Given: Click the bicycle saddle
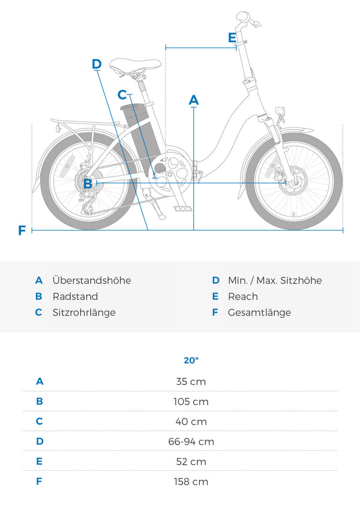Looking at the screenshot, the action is point(135,65).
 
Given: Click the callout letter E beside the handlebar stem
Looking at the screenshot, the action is point(232,38).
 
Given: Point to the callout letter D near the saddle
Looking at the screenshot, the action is point(97,64).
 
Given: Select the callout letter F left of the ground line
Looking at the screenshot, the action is point(22,230).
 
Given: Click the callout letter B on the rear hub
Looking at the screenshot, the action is point(88,183).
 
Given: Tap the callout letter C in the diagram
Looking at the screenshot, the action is point(122,95).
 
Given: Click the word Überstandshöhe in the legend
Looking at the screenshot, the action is point(92,280).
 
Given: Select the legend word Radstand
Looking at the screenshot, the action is point(75,297).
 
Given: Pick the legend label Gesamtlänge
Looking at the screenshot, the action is point(259,313).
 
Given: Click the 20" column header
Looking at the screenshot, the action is point(191,360).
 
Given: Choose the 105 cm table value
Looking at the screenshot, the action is point(191,402).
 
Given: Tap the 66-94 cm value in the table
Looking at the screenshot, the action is point(191,441).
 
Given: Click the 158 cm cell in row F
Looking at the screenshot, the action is point(191,482).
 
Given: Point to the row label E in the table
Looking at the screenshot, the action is point(39,461).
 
